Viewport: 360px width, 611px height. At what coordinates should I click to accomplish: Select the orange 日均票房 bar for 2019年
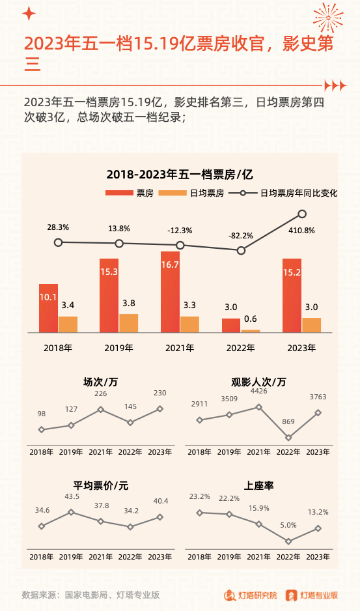(129, 323)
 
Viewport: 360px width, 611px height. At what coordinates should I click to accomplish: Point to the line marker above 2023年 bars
(302, 214)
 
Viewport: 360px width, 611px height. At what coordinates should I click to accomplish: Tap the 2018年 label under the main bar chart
(57, 348)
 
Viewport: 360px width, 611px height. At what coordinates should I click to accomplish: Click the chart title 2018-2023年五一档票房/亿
(180, 174)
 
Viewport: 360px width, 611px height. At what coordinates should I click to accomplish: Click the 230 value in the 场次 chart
(160, 393)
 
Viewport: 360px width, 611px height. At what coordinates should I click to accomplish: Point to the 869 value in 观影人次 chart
(287, 422)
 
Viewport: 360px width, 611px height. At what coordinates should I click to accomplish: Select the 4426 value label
(258, 391)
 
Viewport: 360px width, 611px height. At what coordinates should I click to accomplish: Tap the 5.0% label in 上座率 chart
(288, 524)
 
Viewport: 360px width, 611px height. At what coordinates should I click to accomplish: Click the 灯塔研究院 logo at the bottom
(251, 595)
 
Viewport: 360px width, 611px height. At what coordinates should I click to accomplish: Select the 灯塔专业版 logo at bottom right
(312, 595)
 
